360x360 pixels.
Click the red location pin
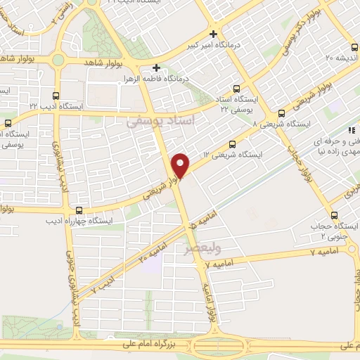181,165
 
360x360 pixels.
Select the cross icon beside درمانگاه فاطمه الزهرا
157,69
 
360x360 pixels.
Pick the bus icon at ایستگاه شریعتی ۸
281,112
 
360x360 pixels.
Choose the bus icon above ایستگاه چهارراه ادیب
78,210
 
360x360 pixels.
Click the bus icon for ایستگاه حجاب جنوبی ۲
333,215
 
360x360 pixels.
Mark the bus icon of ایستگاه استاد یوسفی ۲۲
235,89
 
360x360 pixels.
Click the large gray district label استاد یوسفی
166,120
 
